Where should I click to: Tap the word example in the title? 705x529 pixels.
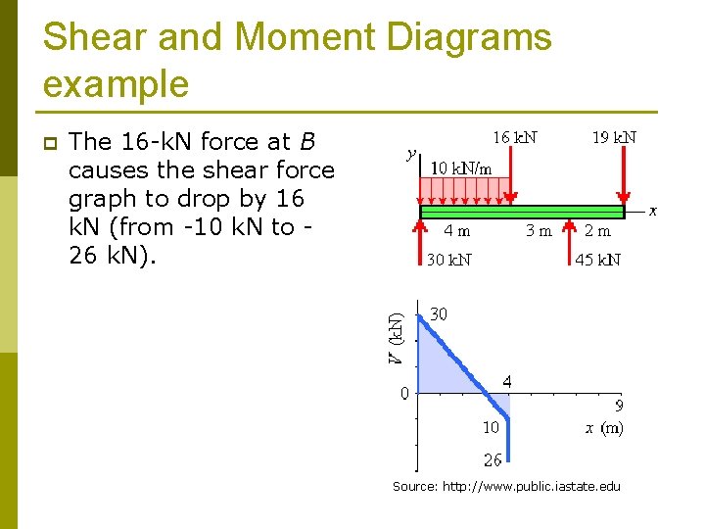click(x=116, y=85)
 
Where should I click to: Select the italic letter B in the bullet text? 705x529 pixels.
click(x=307, y=142)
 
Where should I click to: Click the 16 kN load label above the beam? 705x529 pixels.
click(x=514, y=137)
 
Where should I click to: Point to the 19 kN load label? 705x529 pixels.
click(x=614, y=137)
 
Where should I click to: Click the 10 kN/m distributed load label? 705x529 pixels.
click(x=461, y=168)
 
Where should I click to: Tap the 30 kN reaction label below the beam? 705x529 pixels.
click(x=448, y=260)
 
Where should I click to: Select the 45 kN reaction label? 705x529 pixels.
click(x=597, y=260)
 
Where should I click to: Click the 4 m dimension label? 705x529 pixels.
click(x=456, y=232)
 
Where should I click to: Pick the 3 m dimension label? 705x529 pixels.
click(x=539, y=232)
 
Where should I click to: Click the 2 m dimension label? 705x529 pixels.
click(x=596, y=232)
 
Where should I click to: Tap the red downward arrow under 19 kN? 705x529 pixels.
click(x=624, y=176)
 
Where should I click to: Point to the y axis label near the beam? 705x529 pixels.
click(x=411, y=154)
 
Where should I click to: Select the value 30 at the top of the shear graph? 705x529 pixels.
click(x=440, y=314)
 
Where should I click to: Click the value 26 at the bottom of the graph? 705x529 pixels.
click(x=492, y=459)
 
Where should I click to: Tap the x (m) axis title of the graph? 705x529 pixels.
click(x=604, y=428)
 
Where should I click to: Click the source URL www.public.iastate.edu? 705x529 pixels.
click(x=531, y=487)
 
